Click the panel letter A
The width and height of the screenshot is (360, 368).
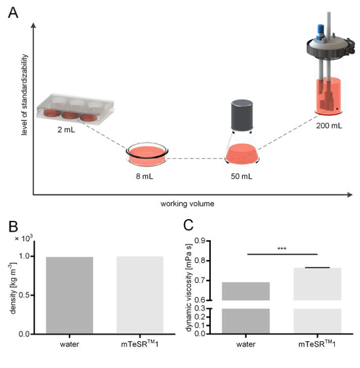14,13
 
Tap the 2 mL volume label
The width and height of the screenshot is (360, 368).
66,130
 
